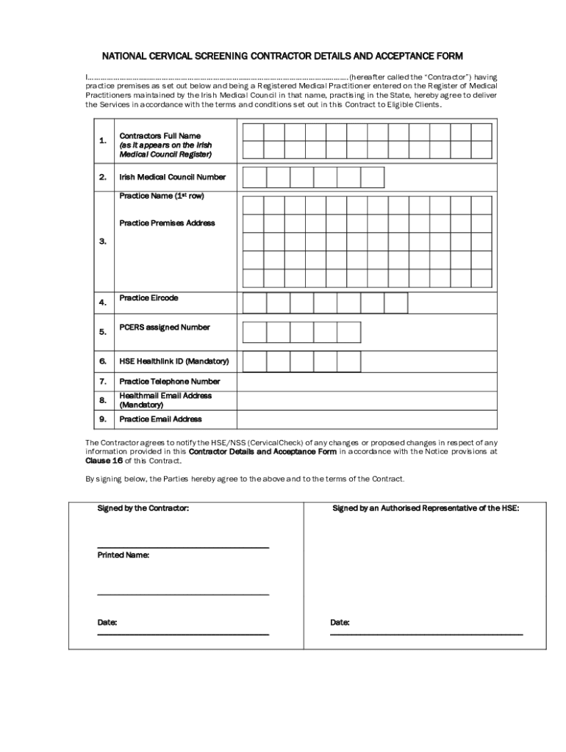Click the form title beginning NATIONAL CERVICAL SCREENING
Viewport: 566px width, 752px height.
[282, 56]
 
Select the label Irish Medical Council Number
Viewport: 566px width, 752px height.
[173, 177]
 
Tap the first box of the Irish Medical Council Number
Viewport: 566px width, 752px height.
[254, 178]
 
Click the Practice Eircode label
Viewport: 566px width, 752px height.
[148, 298]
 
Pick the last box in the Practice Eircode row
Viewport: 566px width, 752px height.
[395, 303]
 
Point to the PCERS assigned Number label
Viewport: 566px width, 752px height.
[165, 328]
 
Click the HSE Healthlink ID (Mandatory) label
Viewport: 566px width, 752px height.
[174, 361]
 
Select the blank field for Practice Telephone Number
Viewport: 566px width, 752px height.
[366, 382]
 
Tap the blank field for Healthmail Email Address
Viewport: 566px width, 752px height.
[366, 400]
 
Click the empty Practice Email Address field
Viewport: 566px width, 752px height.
[366, 419]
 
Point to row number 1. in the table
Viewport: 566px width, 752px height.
[103, 140]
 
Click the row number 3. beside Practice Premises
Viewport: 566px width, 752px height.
[103, 241]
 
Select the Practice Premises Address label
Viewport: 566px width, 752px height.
[168, 223]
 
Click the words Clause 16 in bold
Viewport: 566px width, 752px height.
[104, 461]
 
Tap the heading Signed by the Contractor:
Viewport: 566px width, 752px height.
[143, 508]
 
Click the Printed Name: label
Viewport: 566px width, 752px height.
[123, 555]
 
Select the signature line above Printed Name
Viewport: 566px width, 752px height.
[183, 547]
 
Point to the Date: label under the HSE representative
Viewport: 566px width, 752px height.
[340, 623]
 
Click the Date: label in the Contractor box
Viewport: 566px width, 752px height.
[107, 623]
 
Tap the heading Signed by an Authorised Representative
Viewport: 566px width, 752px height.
[426, 508]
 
